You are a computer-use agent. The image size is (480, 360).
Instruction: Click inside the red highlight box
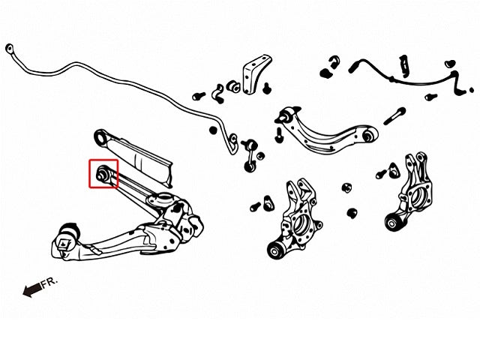point(103,173)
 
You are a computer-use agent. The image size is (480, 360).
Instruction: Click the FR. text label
point(49,283)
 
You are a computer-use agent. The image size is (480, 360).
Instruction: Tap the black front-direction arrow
point(32,289)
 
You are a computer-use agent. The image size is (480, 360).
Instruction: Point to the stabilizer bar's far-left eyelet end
point(10,48)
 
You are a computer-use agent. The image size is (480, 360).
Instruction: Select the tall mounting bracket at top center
point(256,74)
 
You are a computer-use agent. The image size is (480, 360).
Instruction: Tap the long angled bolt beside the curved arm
point(395,116)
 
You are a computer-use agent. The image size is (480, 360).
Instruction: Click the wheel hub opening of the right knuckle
point(416,197)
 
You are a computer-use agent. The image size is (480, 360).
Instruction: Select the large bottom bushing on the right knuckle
point(393,222)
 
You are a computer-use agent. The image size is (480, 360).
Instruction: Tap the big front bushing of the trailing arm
point(69,235)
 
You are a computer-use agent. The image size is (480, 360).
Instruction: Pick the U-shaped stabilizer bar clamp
point(219,93)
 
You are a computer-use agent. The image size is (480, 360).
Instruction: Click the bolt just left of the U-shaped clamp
point(199,96)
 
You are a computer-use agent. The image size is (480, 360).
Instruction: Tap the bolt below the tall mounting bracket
point(267,88)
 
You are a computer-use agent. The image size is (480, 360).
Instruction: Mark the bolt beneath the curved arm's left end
point(279,135)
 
